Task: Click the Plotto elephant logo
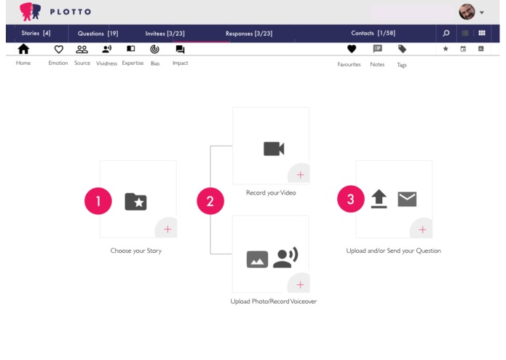[x=30, y=11]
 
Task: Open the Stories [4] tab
[x=36, y=34]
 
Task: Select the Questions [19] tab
[x=98, y=34]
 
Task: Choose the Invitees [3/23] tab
[x=165, y=34]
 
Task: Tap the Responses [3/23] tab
[x=248, y=34]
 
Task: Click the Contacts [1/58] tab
[x=373, y=34]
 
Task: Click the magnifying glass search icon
[x=446, y=34]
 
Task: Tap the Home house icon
[x=23, y=50]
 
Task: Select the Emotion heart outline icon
[x=59, y=50]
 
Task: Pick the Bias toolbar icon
[x=154, y=50]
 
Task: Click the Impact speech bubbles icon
[x=180, y=50]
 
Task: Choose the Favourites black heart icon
[x=352, y=50]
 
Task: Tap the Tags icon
[x=402, y=50]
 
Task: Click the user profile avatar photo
[x=467, y=12]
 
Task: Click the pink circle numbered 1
[x=98, y=201]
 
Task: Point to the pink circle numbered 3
[x=350, y=200]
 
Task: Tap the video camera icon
[x=274, y=149]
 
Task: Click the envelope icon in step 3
[x=407, y=199]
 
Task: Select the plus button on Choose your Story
[x=167, y=229]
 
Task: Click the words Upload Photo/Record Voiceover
[x=274, y=301]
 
